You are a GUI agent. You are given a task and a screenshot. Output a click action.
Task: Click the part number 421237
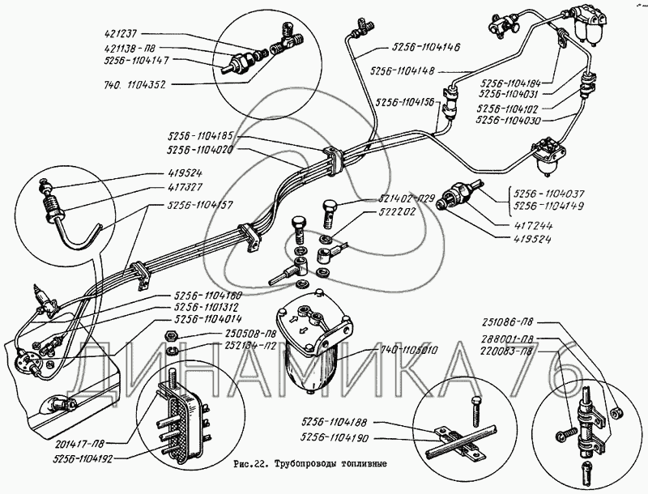click(122, 35)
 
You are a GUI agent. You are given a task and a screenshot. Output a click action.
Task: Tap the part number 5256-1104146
click(424, 47)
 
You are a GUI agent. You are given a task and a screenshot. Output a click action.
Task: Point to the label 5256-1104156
click(406, 102)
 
